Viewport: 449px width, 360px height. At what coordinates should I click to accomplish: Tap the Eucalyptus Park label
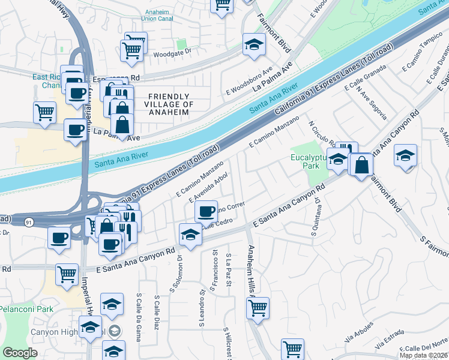point(307,163)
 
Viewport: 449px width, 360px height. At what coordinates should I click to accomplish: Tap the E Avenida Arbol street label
point(208,187)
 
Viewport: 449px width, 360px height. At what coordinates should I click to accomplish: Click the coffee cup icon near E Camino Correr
point(206,211)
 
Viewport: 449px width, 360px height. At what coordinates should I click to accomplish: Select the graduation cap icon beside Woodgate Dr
point(254,44)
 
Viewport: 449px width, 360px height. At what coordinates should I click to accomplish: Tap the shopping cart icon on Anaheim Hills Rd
point(258,307)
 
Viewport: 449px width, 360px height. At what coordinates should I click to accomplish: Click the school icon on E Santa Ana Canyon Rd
point(190,234)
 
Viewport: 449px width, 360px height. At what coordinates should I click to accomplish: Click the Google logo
point(20,352)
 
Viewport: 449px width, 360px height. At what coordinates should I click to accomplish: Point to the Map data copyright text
point(423,355)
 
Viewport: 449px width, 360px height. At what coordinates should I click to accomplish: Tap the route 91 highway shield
point(29,222)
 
